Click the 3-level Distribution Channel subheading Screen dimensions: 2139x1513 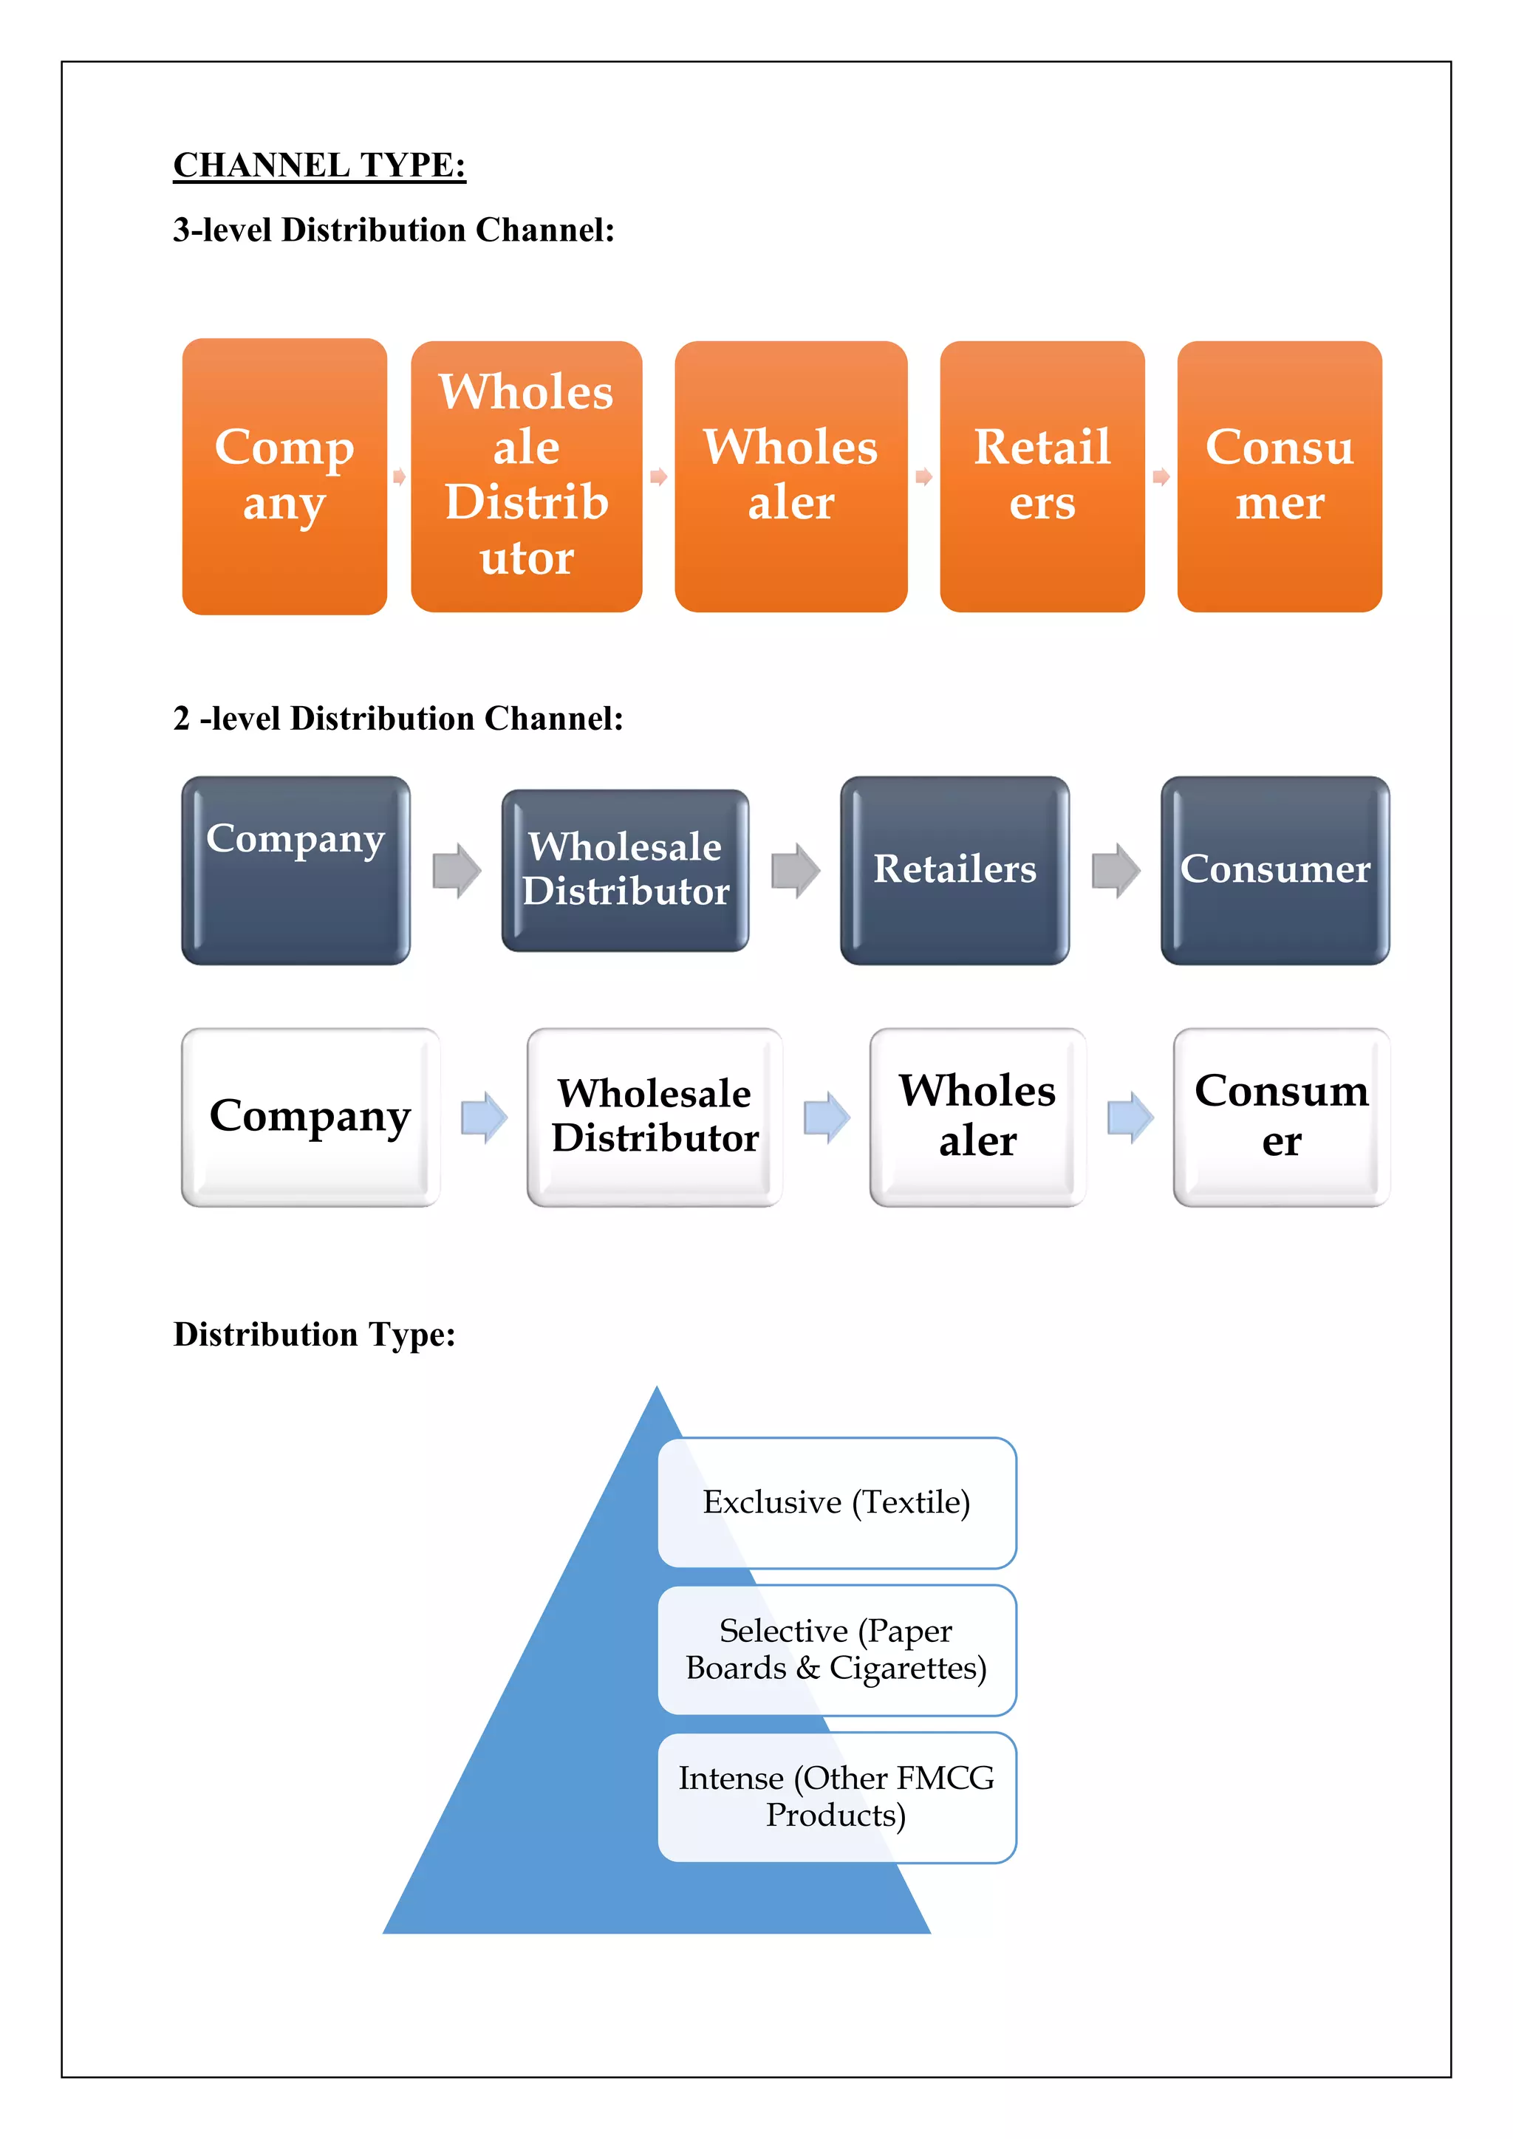coord(393,230)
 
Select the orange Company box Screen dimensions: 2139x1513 coord(284,476)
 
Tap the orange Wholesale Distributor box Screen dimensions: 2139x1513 coord(527,476)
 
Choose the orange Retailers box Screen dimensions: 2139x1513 coord(1042,476)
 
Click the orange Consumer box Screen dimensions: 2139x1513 coord(1279,476)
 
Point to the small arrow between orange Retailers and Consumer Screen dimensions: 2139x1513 coord(1161,477)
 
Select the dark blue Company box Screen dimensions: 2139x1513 coord(296,870)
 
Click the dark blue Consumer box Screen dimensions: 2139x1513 coord(1274,870)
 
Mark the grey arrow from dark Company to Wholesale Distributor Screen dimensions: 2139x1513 coord(457,871)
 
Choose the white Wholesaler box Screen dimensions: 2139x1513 coord(977,1116)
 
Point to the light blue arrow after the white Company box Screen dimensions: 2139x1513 coord(485,1116)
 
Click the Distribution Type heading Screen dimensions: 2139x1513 coord(314,1335)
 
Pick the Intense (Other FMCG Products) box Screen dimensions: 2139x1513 coord(836,1797)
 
